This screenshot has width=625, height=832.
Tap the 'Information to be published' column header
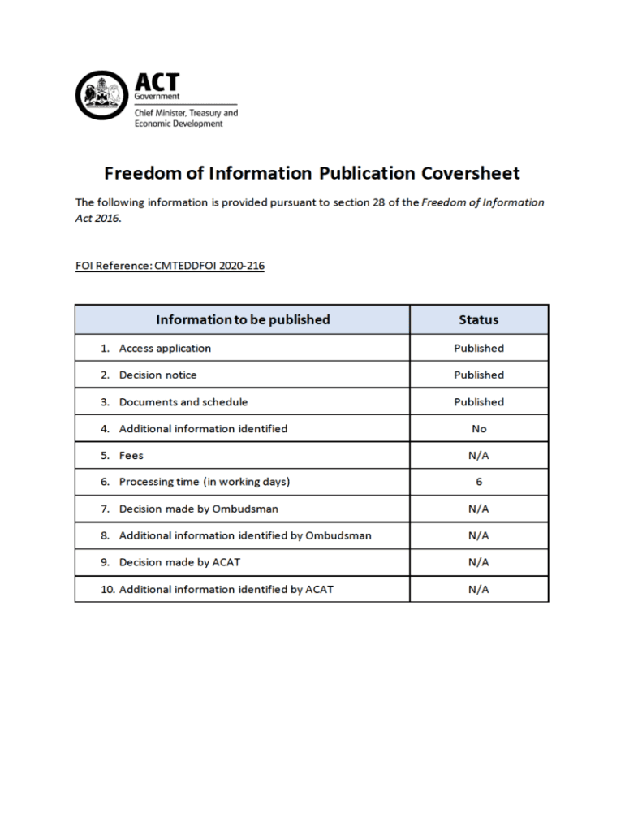pos(243,319)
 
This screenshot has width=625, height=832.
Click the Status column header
pos(478,319)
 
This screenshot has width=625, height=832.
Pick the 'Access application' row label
pos(165,348)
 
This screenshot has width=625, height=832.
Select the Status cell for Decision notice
pos(478,375)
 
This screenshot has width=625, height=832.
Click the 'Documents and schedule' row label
pos(183,401)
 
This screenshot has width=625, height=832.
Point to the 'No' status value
pos(478,428)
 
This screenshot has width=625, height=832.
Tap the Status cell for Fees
pos(478,455)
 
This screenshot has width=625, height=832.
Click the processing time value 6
pos(478,482)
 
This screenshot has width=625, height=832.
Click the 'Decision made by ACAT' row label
pos(179,562)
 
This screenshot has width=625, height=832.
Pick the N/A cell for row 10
pos(478,589)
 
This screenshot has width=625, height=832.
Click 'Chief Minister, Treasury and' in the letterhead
pos(186,113)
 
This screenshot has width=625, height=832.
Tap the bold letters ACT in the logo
pos(157,82)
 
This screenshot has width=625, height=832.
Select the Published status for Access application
pos(478,348)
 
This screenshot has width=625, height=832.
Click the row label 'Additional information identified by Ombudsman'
pos(245,535)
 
